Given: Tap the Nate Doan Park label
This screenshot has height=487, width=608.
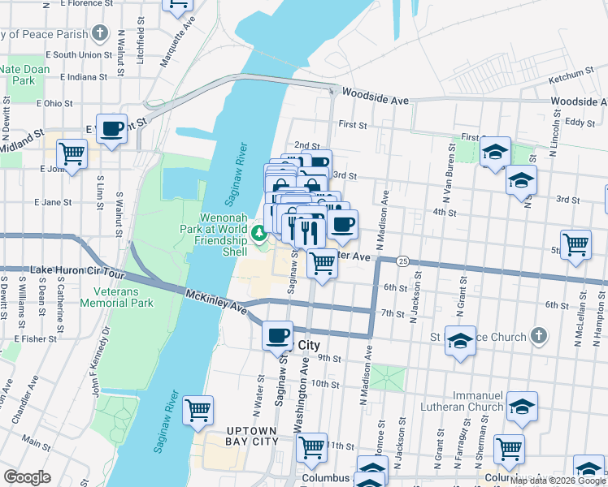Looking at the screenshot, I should [x=24, y=75].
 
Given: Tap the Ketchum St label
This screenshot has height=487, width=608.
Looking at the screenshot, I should [x=572, y=77].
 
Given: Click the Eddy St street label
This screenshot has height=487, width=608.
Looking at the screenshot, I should [x=580, y=123].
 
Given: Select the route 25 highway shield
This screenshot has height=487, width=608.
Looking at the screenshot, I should [x=402, y=261].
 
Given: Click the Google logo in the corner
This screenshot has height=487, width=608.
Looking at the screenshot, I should [x=27, y=477].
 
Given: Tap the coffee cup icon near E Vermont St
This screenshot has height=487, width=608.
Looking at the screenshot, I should [x=111, y=128].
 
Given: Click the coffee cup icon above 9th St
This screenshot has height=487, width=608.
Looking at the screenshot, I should [x=277, y=335].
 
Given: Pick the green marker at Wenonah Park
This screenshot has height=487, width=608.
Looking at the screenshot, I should [x=259, y=235].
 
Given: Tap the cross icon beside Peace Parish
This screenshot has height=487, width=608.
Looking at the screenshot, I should [x=100, y=33].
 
